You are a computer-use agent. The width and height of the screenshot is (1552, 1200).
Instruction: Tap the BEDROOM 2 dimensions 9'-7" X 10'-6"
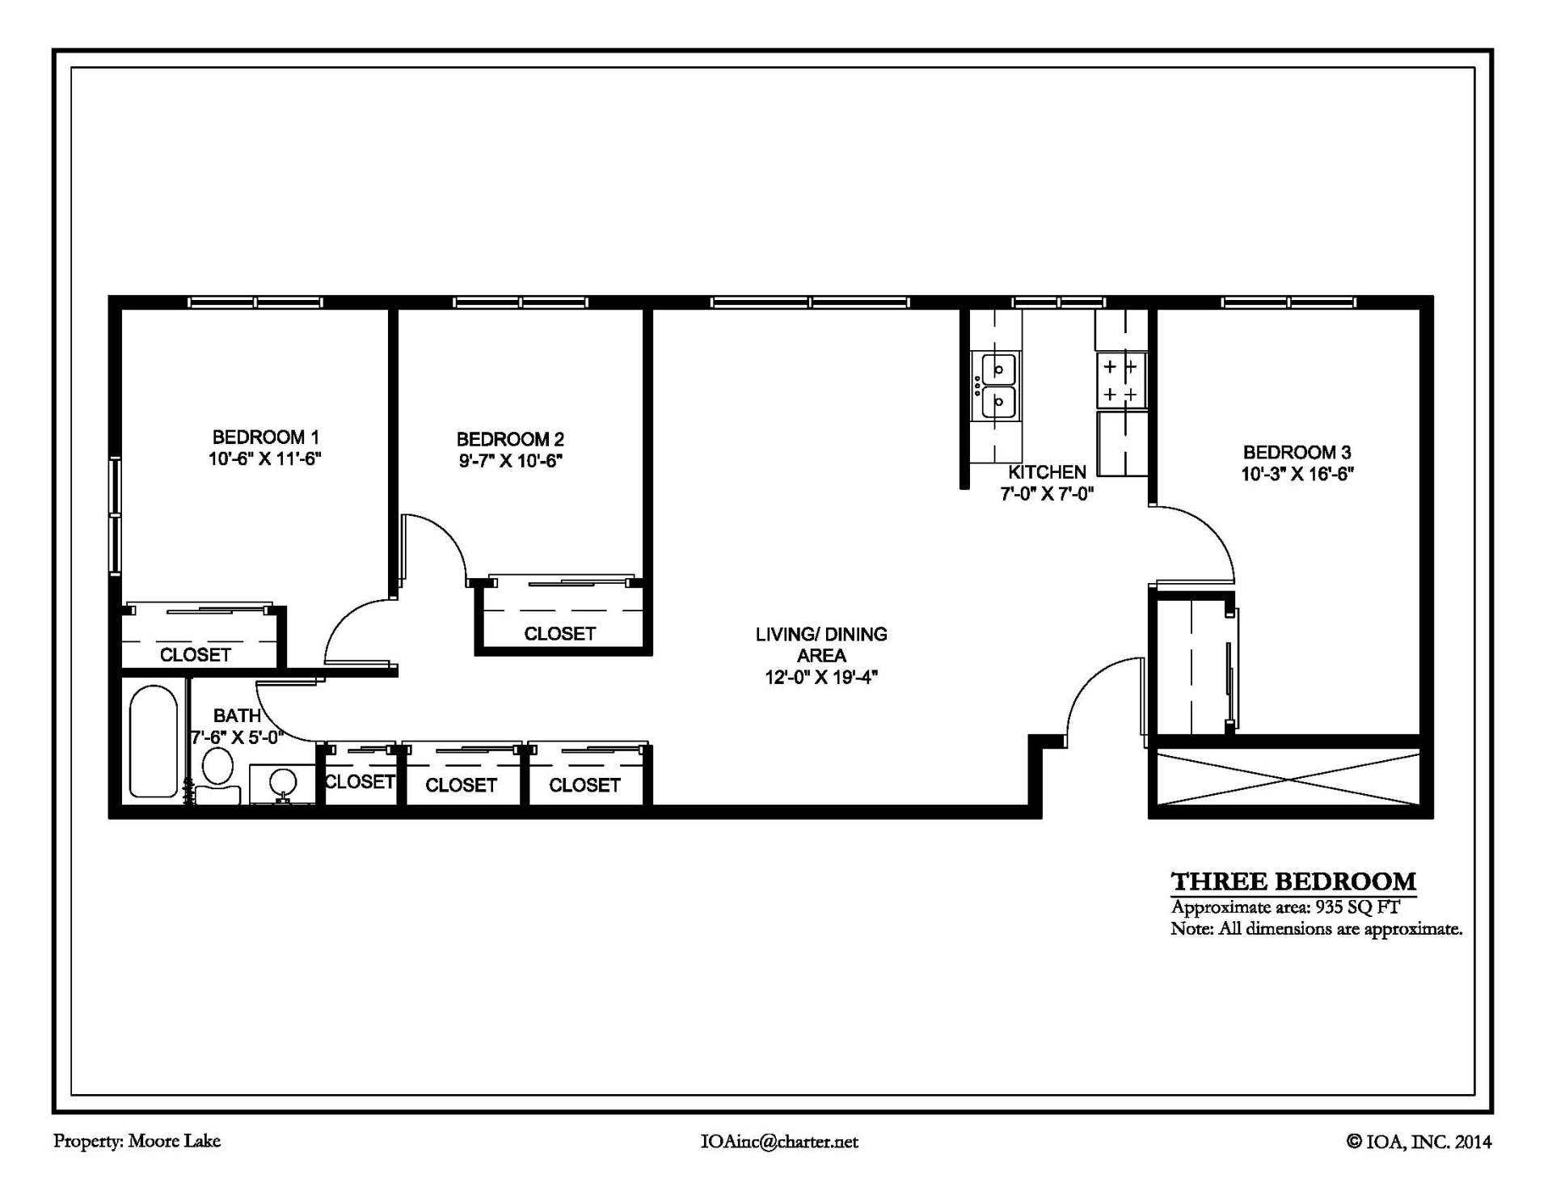coord(510,461)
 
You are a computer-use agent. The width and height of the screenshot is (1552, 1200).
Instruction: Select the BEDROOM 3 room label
coord(1297,452)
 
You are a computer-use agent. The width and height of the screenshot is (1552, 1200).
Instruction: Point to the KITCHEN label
coord(1047,472)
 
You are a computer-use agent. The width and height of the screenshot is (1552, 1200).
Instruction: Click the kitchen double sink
coord(997,386)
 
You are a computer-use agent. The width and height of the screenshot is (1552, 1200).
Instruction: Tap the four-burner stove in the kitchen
coord(1120,380)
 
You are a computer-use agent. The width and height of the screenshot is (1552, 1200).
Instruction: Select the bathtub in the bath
coord(153,742)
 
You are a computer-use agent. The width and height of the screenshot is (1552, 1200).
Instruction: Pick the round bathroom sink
coord(282,782)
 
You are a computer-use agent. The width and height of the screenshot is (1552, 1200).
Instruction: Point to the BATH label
coord(237,716)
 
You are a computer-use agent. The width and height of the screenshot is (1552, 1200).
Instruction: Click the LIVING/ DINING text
coord(821,635)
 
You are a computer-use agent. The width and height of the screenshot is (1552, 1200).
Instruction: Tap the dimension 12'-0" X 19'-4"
coord(821,678)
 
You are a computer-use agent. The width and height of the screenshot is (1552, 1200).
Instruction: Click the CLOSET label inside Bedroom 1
coord(196,655)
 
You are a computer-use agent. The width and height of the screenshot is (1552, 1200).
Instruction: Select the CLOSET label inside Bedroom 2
coord(559,634)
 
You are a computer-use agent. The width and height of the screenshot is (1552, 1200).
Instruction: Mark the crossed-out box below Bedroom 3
coord(1288,779)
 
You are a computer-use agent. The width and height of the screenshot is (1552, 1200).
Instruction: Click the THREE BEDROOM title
coord(1293,881)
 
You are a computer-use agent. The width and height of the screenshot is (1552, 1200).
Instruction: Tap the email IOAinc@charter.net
coord(779,1142)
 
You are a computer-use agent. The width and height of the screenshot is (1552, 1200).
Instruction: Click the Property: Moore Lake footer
coord(137,1141)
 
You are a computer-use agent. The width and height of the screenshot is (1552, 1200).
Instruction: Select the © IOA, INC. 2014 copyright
coord(1419,1142)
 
